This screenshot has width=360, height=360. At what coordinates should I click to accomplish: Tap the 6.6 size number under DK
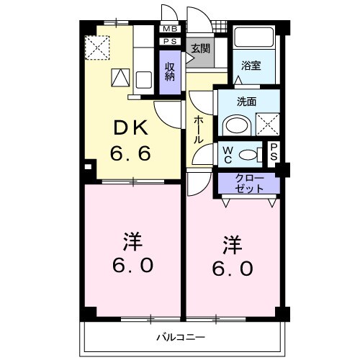[x=130, y=153]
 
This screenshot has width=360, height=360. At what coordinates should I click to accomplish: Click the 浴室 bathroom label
[x=251, y=64]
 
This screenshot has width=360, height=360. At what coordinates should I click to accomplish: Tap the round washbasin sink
[x=235, y=125]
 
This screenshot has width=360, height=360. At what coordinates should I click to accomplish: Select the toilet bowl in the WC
[x=249, y=153]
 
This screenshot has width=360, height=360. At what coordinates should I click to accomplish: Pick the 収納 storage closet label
[x=170, y=71]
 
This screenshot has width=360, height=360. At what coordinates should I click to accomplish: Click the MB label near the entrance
[x=171, y=29]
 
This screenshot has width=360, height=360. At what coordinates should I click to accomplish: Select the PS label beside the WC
[x=274, y=153]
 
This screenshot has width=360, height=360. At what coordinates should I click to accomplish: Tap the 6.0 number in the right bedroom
[x=231, y=269]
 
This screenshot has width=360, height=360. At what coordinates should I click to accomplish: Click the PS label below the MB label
[x=171, y=42]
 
